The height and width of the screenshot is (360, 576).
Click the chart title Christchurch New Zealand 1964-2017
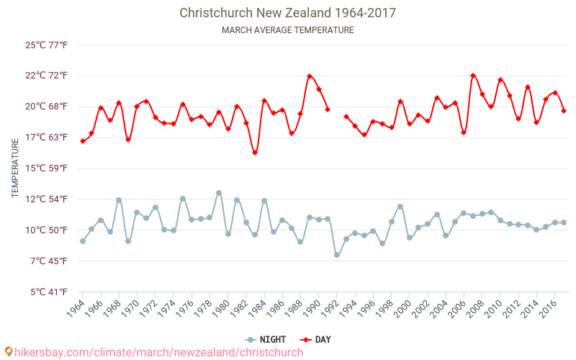click(287, 13)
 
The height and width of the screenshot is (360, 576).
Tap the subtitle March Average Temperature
click(287, 30)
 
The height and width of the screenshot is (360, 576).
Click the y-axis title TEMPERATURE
click(15, 168)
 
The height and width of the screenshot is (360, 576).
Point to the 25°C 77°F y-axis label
click(47, 45)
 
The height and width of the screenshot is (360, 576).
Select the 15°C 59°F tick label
click(47, 168)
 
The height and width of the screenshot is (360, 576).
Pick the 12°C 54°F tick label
click(47, 199)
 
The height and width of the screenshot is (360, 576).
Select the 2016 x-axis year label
click(547, 310)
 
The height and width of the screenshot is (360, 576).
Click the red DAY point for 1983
click(255, 153)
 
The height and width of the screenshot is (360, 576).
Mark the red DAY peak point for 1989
click(310, 76)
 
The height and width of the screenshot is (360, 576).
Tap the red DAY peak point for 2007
click(473, 76)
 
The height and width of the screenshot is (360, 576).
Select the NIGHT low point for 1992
click(337, 255)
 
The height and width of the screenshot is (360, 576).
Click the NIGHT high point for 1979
click(219, 193)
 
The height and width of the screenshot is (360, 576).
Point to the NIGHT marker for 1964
click(83, 241)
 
